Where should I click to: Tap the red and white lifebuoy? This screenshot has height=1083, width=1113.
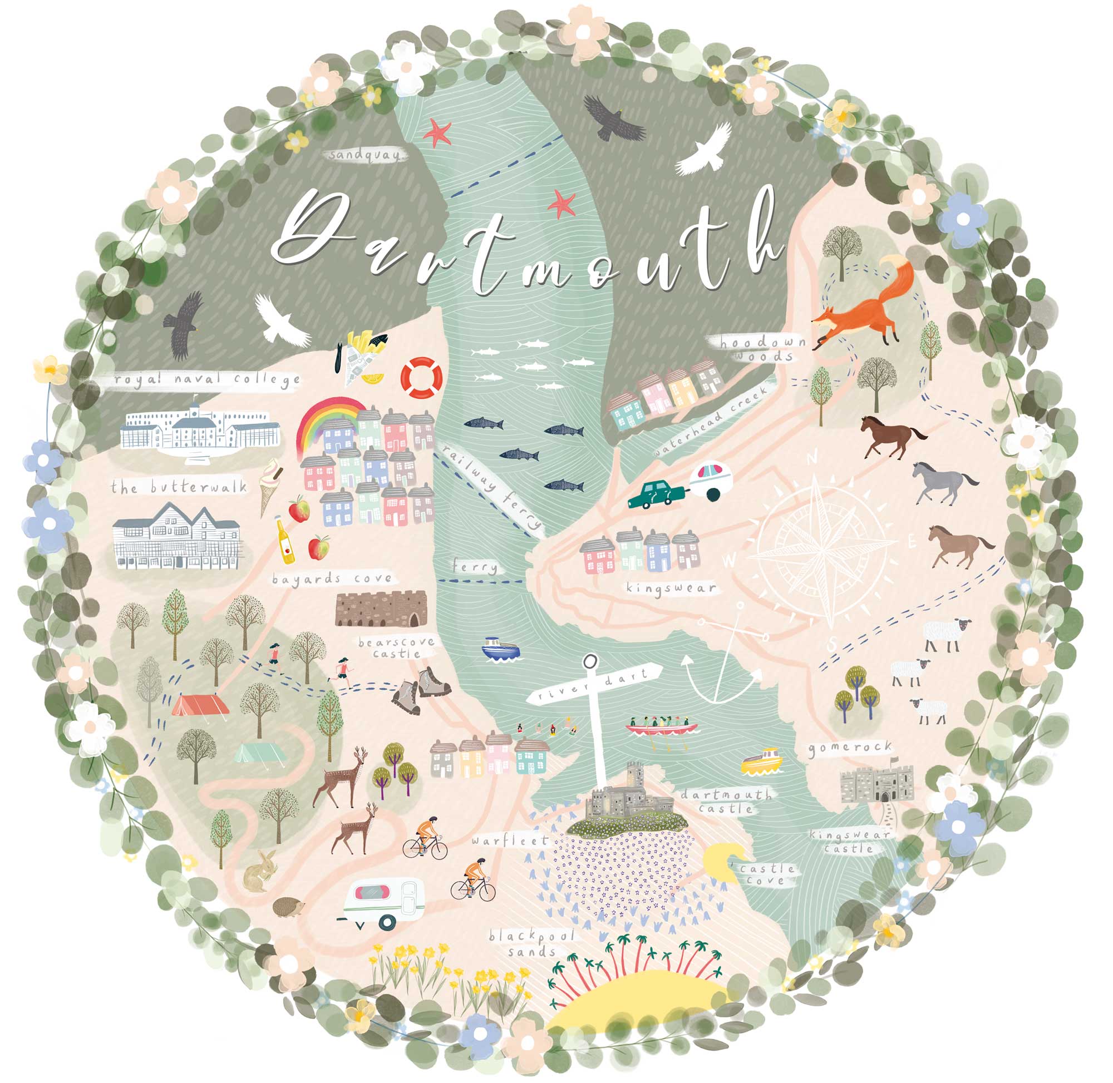click(421, 377)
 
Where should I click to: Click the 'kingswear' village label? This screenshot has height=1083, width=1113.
click(670, 587)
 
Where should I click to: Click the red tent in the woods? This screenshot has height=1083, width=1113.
click(200, 705)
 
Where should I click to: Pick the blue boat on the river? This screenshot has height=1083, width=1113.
click(500, 649)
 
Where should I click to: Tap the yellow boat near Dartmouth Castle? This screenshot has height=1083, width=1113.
click(762, 761)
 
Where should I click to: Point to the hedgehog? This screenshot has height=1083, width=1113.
click(288, 907)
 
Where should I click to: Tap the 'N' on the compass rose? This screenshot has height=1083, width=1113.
click(812, 457)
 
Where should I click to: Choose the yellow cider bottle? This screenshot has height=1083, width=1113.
click(285, 540)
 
